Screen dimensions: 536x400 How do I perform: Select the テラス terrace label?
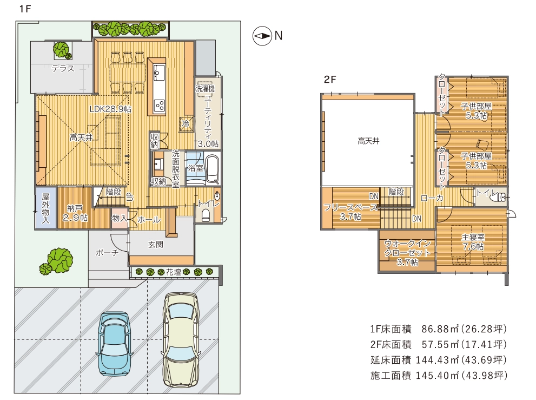pyautogui.click(x=63, y=68)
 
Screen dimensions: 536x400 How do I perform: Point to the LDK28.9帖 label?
pyautogui.click(x=110, y=109)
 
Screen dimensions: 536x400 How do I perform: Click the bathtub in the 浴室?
pyautogui.click(x=212, y=169)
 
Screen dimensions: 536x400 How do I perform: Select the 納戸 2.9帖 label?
pyautogui.click(x=75, y=213)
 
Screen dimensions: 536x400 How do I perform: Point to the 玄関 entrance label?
pyautogui.click(x=156, y=245)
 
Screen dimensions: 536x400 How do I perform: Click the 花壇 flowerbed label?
pyautogui.click(x=173, y=272)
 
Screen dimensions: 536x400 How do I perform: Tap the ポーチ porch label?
pyautogui.click(x=107, y=253)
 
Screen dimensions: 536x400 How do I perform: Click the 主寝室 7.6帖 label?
pyautogui.click(x=473, y=241)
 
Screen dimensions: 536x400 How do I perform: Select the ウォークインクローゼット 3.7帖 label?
pyautogui.click(x=407, y=253)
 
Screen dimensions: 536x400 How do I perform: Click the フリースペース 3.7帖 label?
pyautogui.click(x=350, y=212)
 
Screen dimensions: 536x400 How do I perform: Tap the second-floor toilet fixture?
pyautogui.click(x=502, y=197)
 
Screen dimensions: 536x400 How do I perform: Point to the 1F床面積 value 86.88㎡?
pyautogui.click(x=440, y=329)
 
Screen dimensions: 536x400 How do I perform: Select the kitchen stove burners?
pyautogui.click(x=160, y=105)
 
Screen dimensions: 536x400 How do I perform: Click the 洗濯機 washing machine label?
pyautogui.click(x=205, y=89)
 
